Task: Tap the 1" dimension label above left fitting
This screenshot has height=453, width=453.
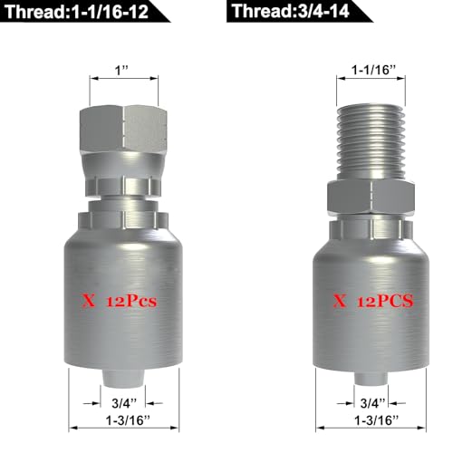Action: tap(121, 71)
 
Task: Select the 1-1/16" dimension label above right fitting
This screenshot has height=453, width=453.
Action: tap(373, 71)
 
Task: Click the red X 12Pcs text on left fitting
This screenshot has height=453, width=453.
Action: tap(119, 302)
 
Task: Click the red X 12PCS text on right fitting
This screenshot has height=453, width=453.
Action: tap(372, 301)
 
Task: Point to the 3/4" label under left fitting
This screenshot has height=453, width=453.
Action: tap(124, 402)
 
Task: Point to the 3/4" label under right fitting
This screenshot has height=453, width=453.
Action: tap(372, 402)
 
